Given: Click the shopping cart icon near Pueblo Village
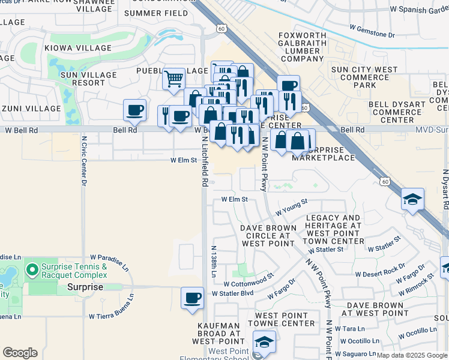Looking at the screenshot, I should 173,79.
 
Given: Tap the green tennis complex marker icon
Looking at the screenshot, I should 33,270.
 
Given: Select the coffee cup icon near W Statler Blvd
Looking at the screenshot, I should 192,298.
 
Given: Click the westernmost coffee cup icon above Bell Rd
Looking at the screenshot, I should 135,110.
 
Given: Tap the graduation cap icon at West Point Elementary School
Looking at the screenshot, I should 264,342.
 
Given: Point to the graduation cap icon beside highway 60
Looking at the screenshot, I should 413,199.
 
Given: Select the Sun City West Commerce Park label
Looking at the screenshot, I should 365,77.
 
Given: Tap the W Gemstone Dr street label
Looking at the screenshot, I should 372,31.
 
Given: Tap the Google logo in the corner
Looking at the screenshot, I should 20,352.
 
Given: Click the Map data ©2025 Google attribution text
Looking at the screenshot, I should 412,355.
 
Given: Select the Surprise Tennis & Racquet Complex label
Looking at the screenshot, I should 75,271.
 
